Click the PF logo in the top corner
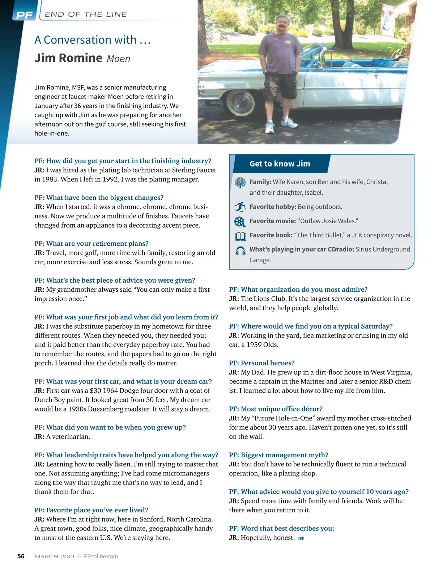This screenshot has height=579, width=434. (x=24, y=15)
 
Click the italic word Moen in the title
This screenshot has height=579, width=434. (x=118, y=59)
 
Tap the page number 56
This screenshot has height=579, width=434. (x=21, y=556)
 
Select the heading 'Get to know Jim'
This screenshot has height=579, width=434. (x=280, y=164)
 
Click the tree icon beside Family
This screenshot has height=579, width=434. (x=240, y=183)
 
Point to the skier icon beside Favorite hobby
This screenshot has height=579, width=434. (x=240, y=207)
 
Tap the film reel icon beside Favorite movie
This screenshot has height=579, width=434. (x=240, y=221)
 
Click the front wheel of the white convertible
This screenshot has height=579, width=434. (x=241, y=102)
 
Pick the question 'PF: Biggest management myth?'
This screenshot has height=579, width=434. (x=278, y=455)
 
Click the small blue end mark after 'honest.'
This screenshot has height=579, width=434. (x=301, y=538)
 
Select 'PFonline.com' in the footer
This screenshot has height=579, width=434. (x=101, y=556)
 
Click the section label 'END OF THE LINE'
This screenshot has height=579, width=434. (x=86, y=14)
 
